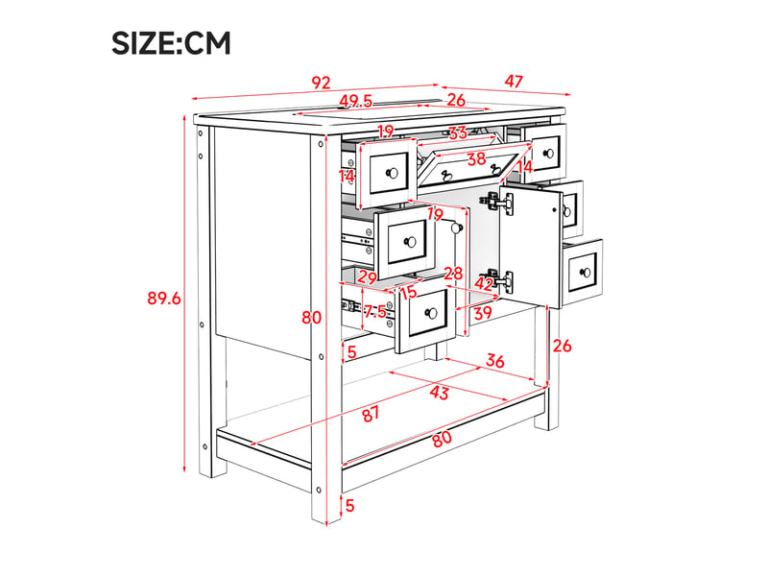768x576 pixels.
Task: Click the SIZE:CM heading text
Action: (x=171, y=43)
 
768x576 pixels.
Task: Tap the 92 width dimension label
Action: (x=322, y=83)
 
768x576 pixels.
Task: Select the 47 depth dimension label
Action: (x=514, y=82)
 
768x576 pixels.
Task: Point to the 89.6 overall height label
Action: (x=164, y=298)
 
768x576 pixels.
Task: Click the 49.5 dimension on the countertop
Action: (x=356, y=101)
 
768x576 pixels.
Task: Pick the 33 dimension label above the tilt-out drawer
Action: (x=458, y=132)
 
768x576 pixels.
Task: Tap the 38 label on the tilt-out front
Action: (x=476, y=158)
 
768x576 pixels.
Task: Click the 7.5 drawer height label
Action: (x=374, y=311)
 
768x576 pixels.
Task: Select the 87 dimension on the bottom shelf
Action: (x=371, y=414)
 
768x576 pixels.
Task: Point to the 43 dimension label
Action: (x=440, y=392)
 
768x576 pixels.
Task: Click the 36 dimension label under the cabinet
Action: (x=494, y=361)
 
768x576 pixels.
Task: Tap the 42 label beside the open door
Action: (x=484, y=283)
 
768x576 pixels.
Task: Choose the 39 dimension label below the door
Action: (x=483, y=313)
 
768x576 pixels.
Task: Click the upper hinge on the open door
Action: (x=499, y=202)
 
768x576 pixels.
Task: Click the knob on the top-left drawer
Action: (x=392, y=174)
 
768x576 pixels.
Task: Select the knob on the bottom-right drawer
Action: (x=586, y=273)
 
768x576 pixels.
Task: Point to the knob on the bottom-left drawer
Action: (x=431, y=313)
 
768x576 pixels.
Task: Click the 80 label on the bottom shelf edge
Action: (x=442, y=439)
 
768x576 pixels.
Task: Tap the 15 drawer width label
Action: (x=408, y=293)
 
